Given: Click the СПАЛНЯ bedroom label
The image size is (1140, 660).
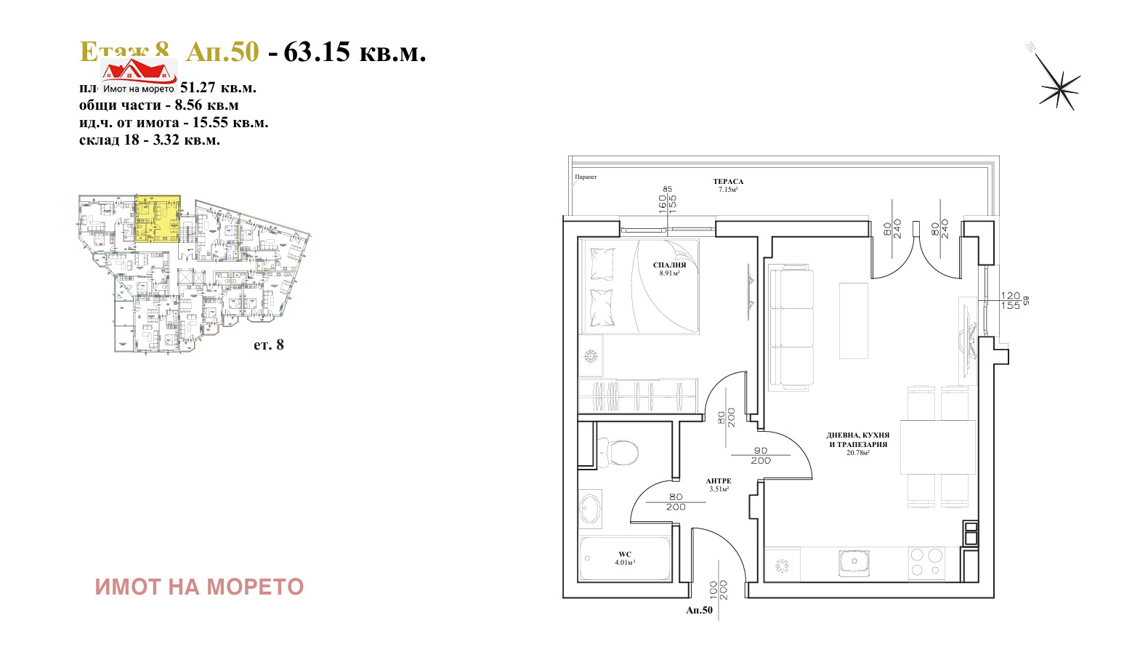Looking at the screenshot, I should (x=669, y=266).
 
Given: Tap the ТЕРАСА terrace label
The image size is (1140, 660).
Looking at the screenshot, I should (x=728, y=182).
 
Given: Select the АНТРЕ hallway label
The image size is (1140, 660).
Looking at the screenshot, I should (x=719, y=481).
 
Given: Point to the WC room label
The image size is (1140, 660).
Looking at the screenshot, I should (x=625, y=555).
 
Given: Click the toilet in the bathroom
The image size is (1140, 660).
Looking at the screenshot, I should (x=618, y=451).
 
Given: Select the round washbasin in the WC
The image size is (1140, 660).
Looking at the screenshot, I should (x=590, y=508).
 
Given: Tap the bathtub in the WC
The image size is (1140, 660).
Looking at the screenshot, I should (x=625, y=558).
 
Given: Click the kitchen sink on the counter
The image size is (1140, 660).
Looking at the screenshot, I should (x=854, y=562).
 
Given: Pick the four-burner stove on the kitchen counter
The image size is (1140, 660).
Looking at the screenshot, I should (x=926, y=563).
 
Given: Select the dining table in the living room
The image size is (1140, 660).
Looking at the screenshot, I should (x=938, y=446).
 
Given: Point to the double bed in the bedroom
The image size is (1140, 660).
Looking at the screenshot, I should (x=639, y=287).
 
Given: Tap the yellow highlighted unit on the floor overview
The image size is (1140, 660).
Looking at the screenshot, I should (x=158, y=218).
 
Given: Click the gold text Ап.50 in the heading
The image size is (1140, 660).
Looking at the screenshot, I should (x=222, y=52).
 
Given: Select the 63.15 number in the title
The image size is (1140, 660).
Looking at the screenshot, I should (x=317, y=52).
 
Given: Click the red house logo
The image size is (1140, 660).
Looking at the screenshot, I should (x=139, y=71).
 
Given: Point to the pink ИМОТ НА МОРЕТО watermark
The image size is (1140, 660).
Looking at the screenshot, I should (x=199, y=587).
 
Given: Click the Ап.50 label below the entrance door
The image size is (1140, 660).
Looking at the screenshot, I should (x=699, y=611).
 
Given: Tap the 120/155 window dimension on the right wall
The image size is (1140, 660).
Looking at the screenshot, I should (x=1010, y=300).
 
